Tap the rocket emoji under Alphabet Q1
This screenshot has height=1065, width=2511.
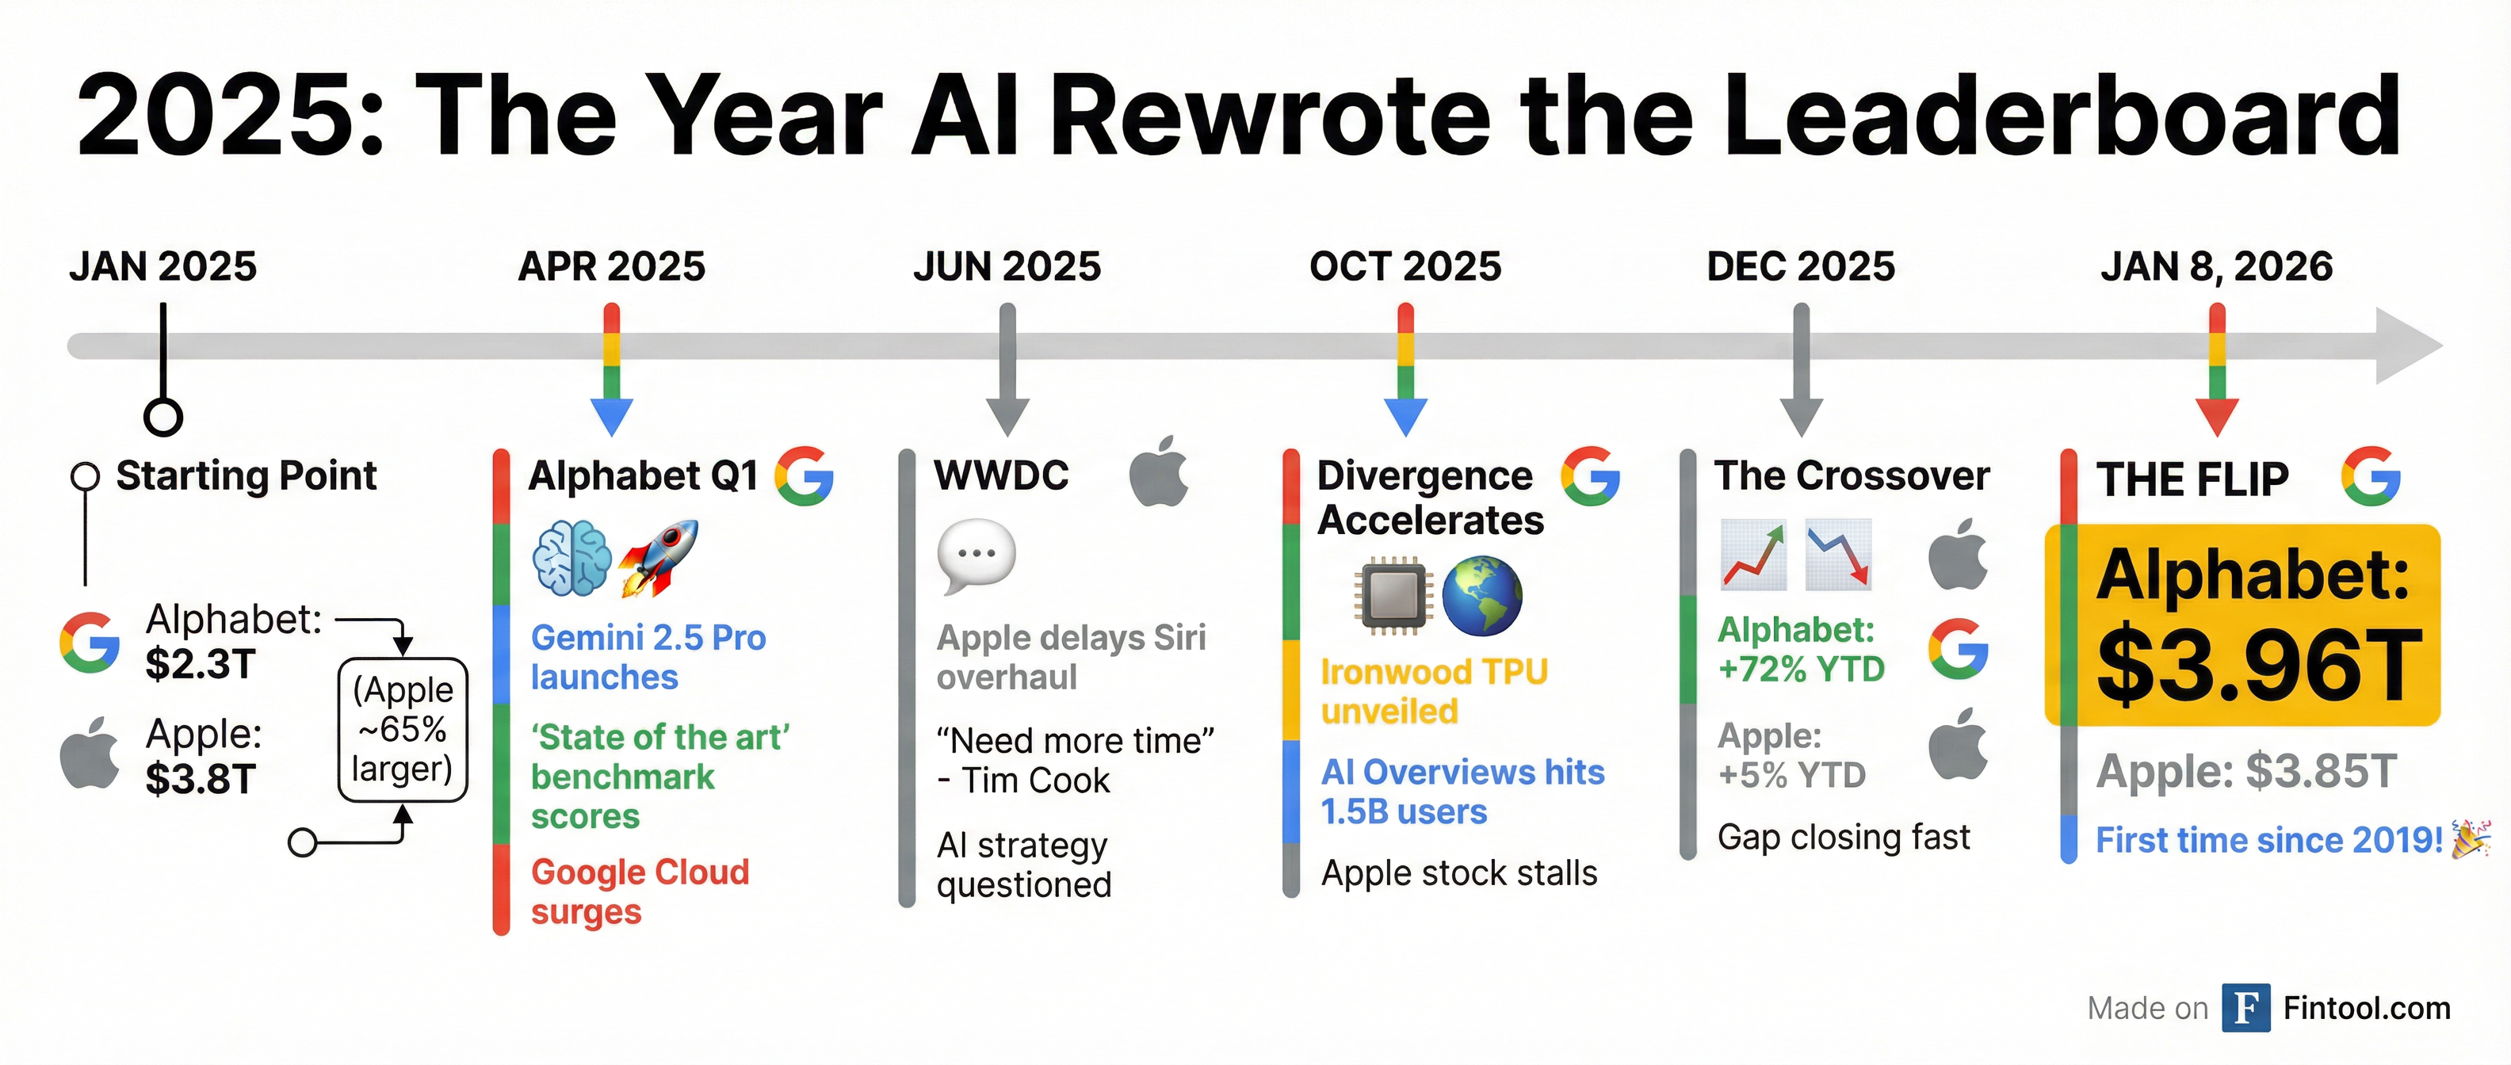[658, 557]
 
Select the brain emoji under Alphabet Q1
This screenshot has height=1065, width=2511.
[572, 557]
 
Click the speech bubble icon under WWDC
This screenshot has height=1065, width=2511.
[976, 556]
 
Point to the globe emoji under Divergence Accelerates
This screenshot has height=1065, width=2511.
[1481, 595]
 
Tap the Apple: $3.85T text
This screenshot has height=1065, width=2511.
[2245, 771]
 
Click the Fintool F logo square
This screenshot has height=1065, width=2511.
[2245, 1007]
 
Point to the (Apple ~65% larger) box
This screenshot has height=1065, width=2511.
[403, 730]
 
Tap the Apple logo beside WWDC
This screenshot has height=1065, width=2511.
[1159, 471]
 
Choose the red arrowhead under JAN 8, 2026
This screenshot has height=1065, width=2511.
[2217, 416]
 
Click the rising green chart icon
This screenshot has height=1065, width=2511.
[1753, 555]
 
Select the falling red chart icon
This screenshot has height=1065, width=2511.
[1838, 555]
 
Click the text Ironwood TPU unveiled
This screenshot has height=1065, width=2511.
[1434, 691]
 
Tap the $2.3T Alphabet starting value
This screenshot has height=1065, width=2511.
[201, 665]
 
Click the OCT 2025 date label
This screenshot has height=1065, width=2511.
[1405, 266]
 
